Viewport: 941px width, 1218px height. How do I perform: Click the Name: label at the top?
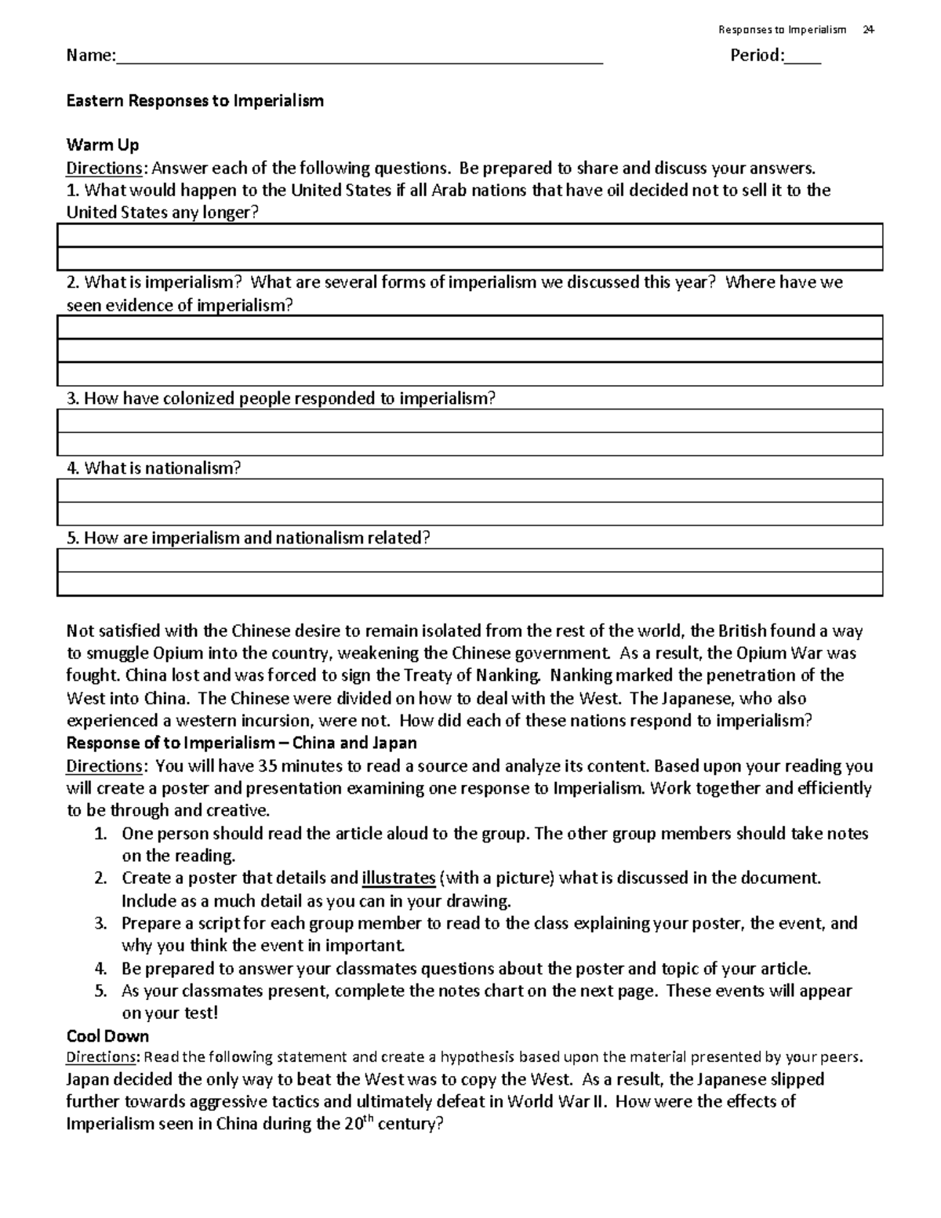(90, 56)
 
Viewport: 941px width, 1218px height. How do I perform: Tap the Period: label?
(757, 56)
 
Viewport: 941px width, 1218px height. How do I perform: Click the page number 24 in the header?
(867, 30)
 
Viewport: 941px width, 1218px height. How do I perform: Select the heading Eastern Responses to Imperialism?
(194, 101)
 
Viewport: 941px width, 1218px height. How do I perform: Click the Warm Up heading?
(103, 145)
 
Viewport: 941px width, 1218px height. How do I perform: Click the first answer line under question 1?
(470, 235)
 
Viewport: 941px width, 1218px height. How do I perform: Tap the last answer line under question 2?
(470, 374)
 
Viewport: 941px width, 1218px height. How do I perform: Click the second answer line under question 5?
(470, 584)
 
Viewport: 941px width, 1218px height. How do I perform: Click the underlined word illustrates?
(398, 878)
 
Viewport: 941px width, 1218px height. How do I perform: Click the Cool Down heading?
(107, 1036)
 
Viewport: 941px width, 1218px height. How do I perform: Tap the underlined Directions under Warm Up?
(104, 168)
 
